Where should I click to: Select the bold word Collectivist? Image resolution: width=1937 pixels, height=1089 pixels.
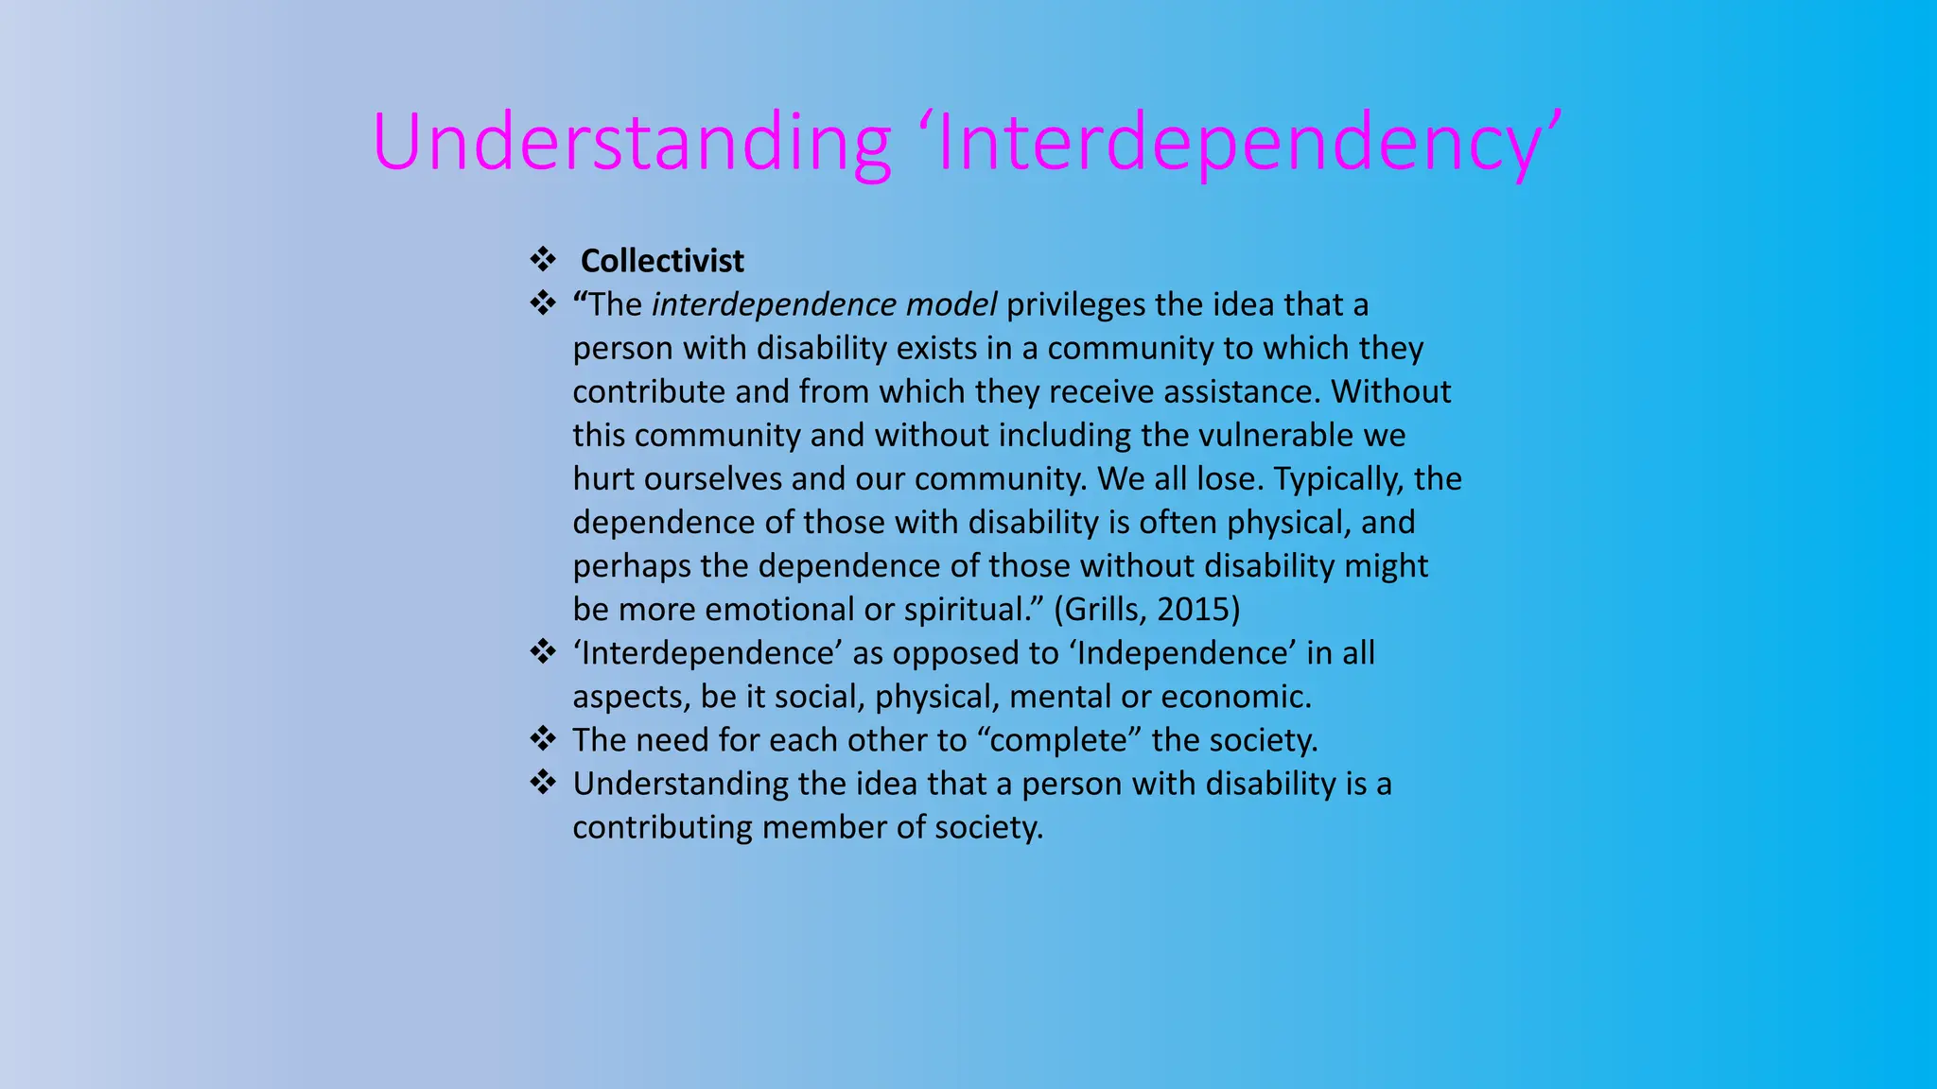pyautogui.click(x=662, y=261)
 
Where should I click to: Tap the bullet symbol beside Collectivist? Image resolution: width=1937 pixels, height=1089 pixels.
pyautogui.click(x=543, y=259)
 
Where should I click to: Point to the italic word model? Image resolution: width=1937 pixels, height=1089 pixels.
pyautogui.click(x=951, y=305)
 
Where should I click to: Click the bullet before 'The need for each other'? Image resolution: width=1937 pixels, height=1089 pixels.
pyautogui.click(x=543, y=738)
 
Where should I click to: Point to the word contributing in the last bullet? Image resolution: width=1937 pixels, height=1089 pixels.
pyautogui.click(x=663, y=827)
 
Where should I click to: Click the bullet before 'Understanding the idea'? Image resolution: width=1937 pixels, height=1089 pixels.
pyautogui.click(x=543, y=782)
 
